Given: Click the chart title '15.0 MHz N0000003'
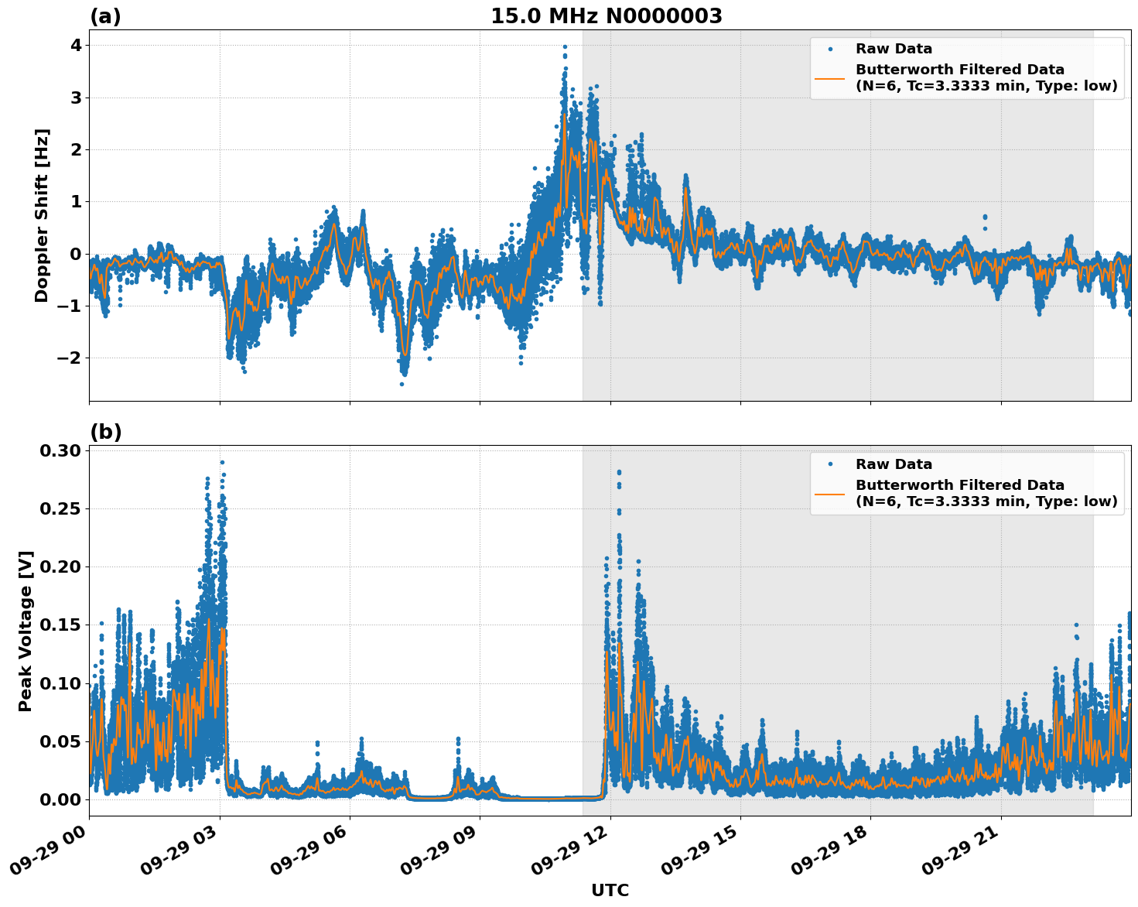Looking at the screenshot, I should point(606,16).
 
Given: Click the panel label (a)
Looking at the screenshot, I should point(105,16).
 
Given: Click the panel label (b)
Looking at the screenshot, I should point(105,432).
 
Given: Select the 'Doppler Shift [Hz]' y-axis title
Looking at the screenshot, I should point(42,215).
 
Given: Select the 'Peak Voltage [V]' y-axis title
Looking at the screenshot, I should point(26,631).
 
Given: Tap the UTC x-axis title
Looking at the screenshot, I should point(610,890).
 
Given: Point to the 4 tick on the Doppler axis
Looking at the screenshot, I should point(75,46).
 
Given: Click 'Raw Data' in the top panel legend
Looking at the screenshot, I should point(894,49).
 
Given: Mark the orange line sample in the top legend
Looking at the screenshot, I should point(829,78).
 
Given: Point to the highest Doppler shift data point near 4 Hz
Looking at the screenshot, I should point(565,46).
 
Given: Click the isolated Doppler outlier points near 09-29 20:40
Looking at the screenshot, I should point(985,221).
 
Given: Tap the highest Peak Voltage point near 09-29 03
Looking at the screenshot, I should point(222,462).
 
